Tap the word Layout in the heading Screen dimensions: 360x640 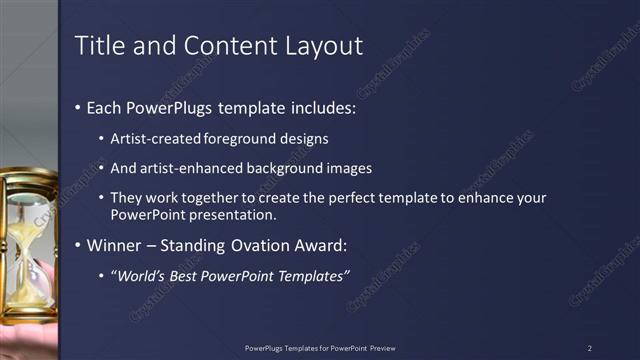[321, 45]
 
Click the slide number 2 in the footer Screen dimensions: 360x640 [590, 348]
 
